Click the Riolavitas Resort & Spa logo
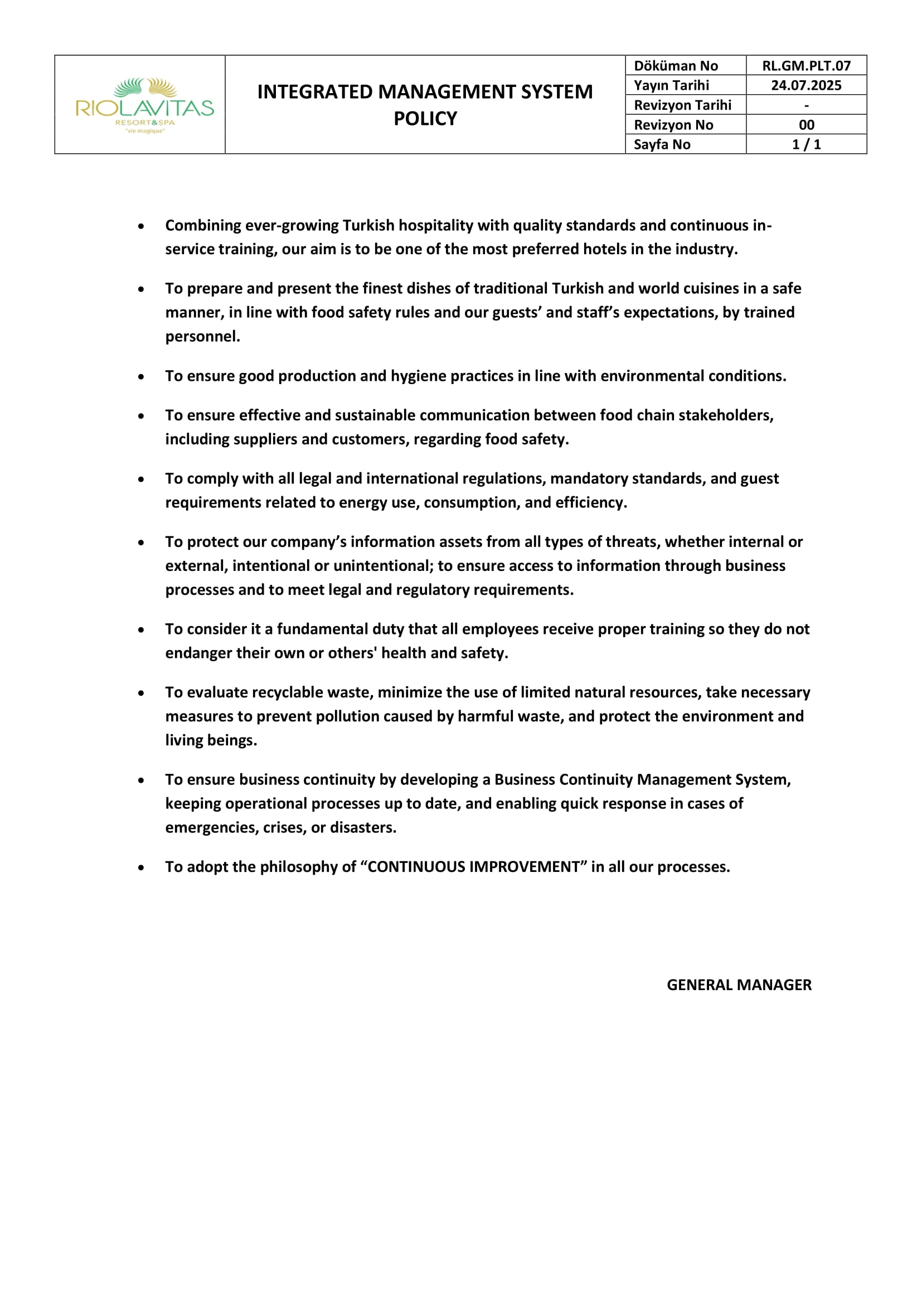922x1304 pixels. coord(145,105)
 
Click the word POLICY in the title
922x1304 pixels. coord(425,119)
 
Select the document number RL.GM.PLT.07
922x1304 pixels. coord(805,66)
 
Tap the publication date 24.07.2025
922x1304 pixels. coord(805,85)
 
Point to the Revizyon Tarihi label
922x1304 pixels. coord(682,105)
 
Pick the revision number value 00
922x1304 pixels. coord(806,125)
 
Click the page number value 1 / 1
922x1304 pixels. coord(806,144)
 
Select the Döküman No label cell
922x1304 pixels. coord(676,66)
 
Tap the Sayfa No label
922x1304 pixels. coord(662,144)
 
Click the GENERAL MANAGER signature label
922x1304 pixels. coord(739,985)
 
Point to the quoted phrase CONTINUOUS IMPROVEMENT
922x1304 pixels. coord(473,867)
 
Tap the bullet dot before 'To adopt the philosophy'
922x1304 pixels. coord(141,868)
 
